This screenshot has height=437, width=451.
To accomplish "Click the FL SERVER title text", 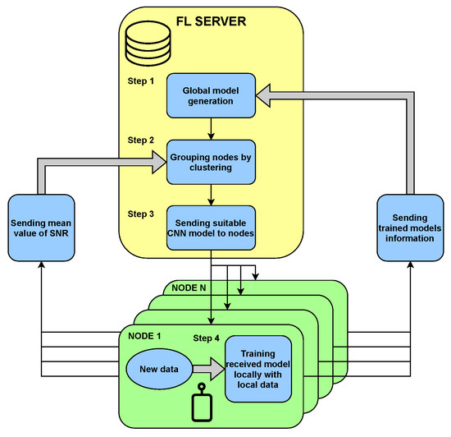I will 212,18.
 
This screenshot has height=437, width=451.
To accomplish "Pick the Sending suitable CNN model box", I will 212,223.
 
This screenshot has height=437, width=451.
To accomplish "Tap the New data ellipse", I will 158,363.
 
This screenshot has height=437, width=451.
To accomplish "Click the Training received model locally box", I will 258,368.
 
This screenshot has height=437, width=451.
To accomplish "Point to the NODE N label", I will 190,287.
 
